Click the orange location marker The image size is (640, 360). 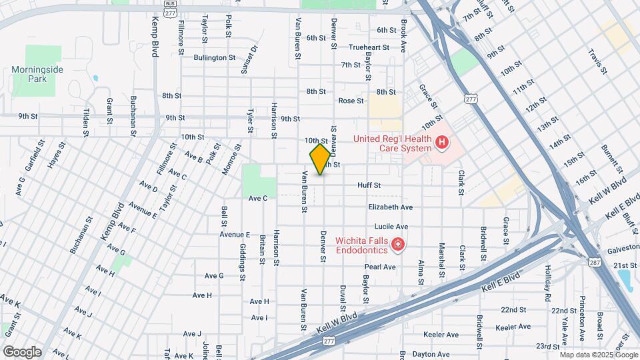(320, 159)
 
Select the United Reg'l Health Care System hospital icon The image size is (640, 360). (441, 142)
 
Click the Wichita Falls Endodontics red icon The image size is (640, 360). (398, 245)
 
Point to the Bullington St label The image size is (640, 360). (215, 58)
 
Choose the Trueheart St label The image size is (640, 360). (368, 47)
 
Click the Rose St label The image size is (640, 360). (351, 101)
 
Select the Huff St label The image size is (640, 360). (369, 185)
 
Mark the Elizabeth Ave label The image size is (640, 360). (390, 207)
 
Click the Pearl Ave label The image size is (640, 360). (380, 267)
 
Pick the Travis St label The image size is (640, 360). (597, 61)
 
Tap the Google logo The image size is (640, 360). (22, 351)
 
